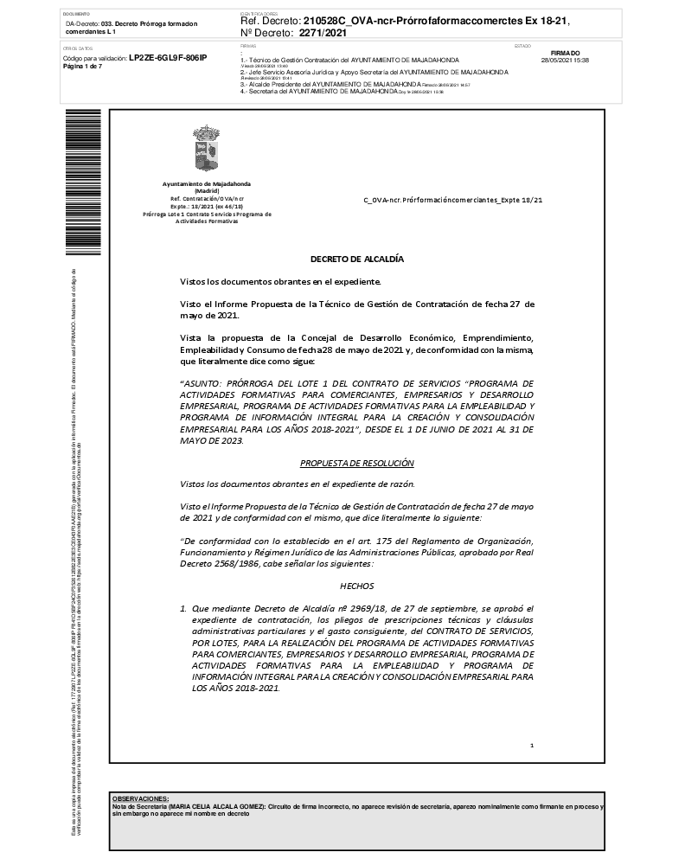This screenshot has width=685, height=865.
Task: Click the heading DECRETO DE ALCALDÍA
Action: (357, 259)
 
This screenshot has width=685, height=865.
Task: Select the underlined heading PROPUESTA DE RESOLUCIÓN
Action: (357, 463)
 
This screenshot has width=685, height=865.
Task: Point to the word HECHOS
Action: (357, 586)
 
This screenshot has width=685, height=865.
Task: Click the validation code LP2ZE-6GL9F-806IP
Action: (168, 57)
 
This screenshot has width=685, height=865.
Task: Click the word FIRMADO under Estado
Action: (564, 53)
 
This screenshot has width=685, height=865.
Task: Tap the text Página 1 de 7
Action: (83, 66)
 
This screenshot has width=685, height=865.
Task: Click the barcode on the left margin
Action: (72, 182)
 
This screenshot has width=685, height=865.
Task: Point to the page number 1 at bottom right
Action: (532, 745)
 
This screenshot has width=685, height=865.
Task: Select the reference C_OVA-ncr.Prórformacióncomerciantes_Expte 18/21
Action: (452, 200)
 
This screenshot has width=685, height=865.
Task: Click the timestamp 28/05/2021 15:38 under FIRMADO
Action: (564, 61)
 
